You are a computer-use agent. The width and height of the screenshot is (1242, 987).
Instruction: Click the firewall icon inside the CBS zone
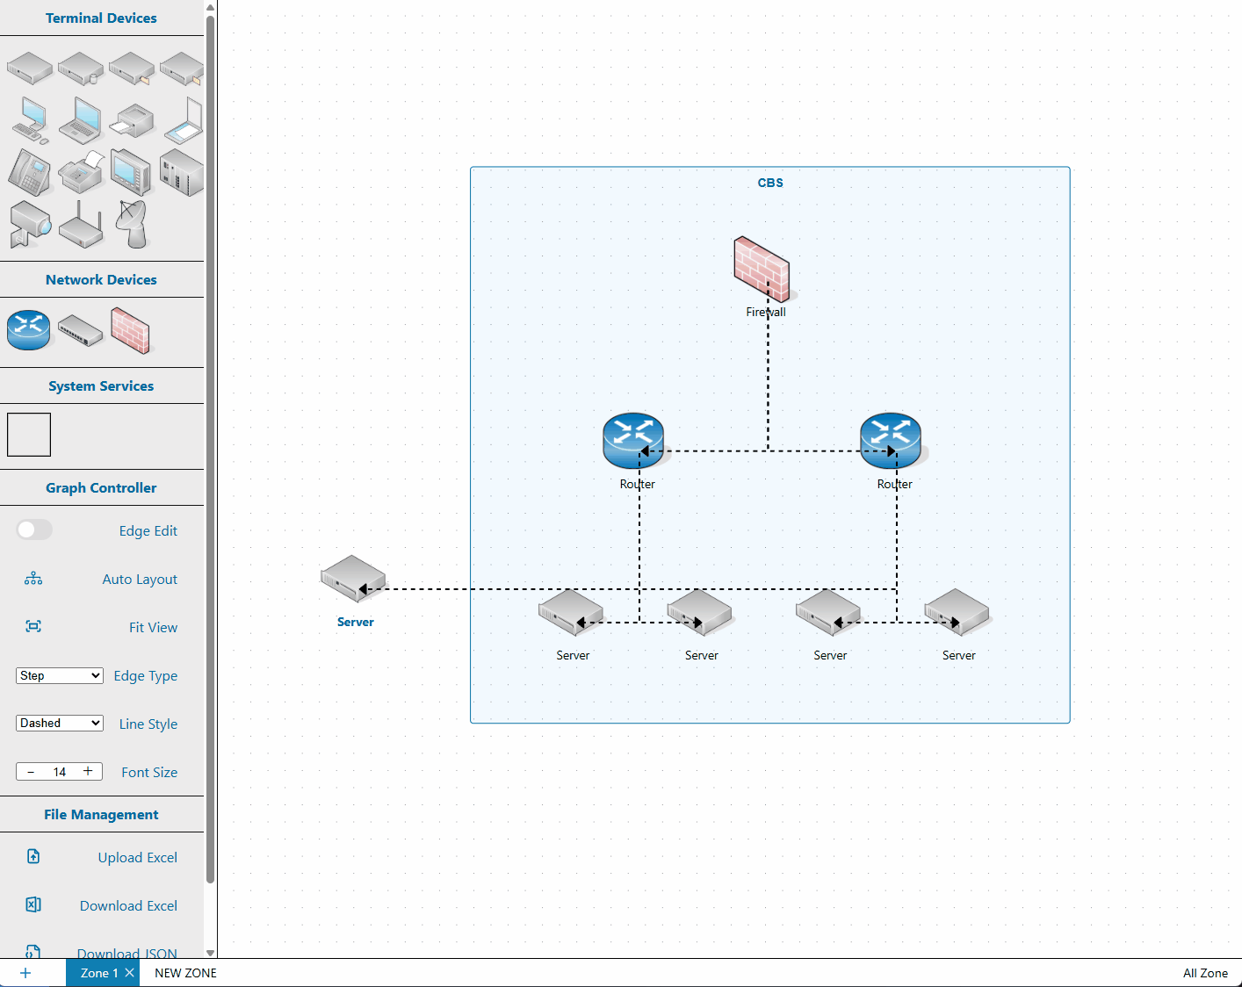coord(761,268)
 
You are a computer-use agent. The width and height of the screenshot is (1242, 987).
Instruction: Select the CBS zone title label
coord(770,183)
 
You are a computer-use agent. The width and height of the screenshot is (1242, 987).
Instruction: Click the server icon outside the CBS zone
coord(353,579)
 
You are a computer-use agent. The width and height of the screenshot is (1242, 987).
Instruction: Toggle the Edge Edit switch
coord(35,530)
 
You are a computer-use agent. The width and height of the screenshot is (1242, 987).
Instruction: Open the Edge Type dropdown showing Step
coord(60,675)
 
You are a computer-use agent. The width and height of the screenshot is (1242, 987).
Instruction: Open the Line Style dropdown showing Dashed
coord(60,723)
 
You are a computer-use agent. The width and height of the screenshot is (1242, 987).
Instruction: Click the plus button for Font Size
coord(88,771)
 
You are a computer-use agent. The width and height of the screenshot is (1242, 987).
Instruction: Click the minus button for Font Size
coord(31,772)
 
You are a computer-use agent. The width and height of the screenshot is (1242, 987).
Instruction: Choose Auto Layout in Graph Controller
coord(139,579)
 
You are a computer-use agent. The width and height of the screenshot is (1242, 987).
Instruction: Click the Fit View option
coord(153,627)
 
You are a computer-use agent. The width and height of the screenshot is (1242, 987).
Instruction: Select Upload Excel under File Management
coord(137,857)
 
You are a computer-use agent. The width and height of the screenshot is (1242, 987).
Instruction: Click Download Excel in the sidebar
coord(128,905)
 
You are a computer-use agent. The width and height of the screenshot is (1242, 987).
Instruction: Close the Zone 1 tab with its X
coord(129,972)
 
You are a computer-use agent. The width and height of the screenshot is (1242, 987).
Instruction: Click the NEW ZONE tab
coord(185,973)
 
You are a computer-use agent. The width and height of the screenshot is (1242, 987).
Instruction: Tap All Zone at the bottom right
coord(1205,973)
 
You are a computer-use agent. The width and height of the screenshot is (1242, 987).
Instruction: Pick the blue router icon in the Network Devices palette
coord(29,329)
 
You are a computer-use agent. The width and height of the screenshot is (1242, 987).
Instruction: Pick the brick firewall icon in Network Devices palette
coord(130,330)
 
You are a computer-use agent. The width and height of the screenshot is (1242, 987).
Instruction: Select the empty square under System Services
coord(29,435)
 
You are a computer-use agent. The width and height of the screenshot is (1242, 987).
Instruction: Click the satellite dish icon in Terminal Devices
coord(133,223)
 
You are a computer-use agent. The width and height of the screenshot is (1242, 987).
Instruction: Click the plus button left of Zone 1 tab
coord(25,973)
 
